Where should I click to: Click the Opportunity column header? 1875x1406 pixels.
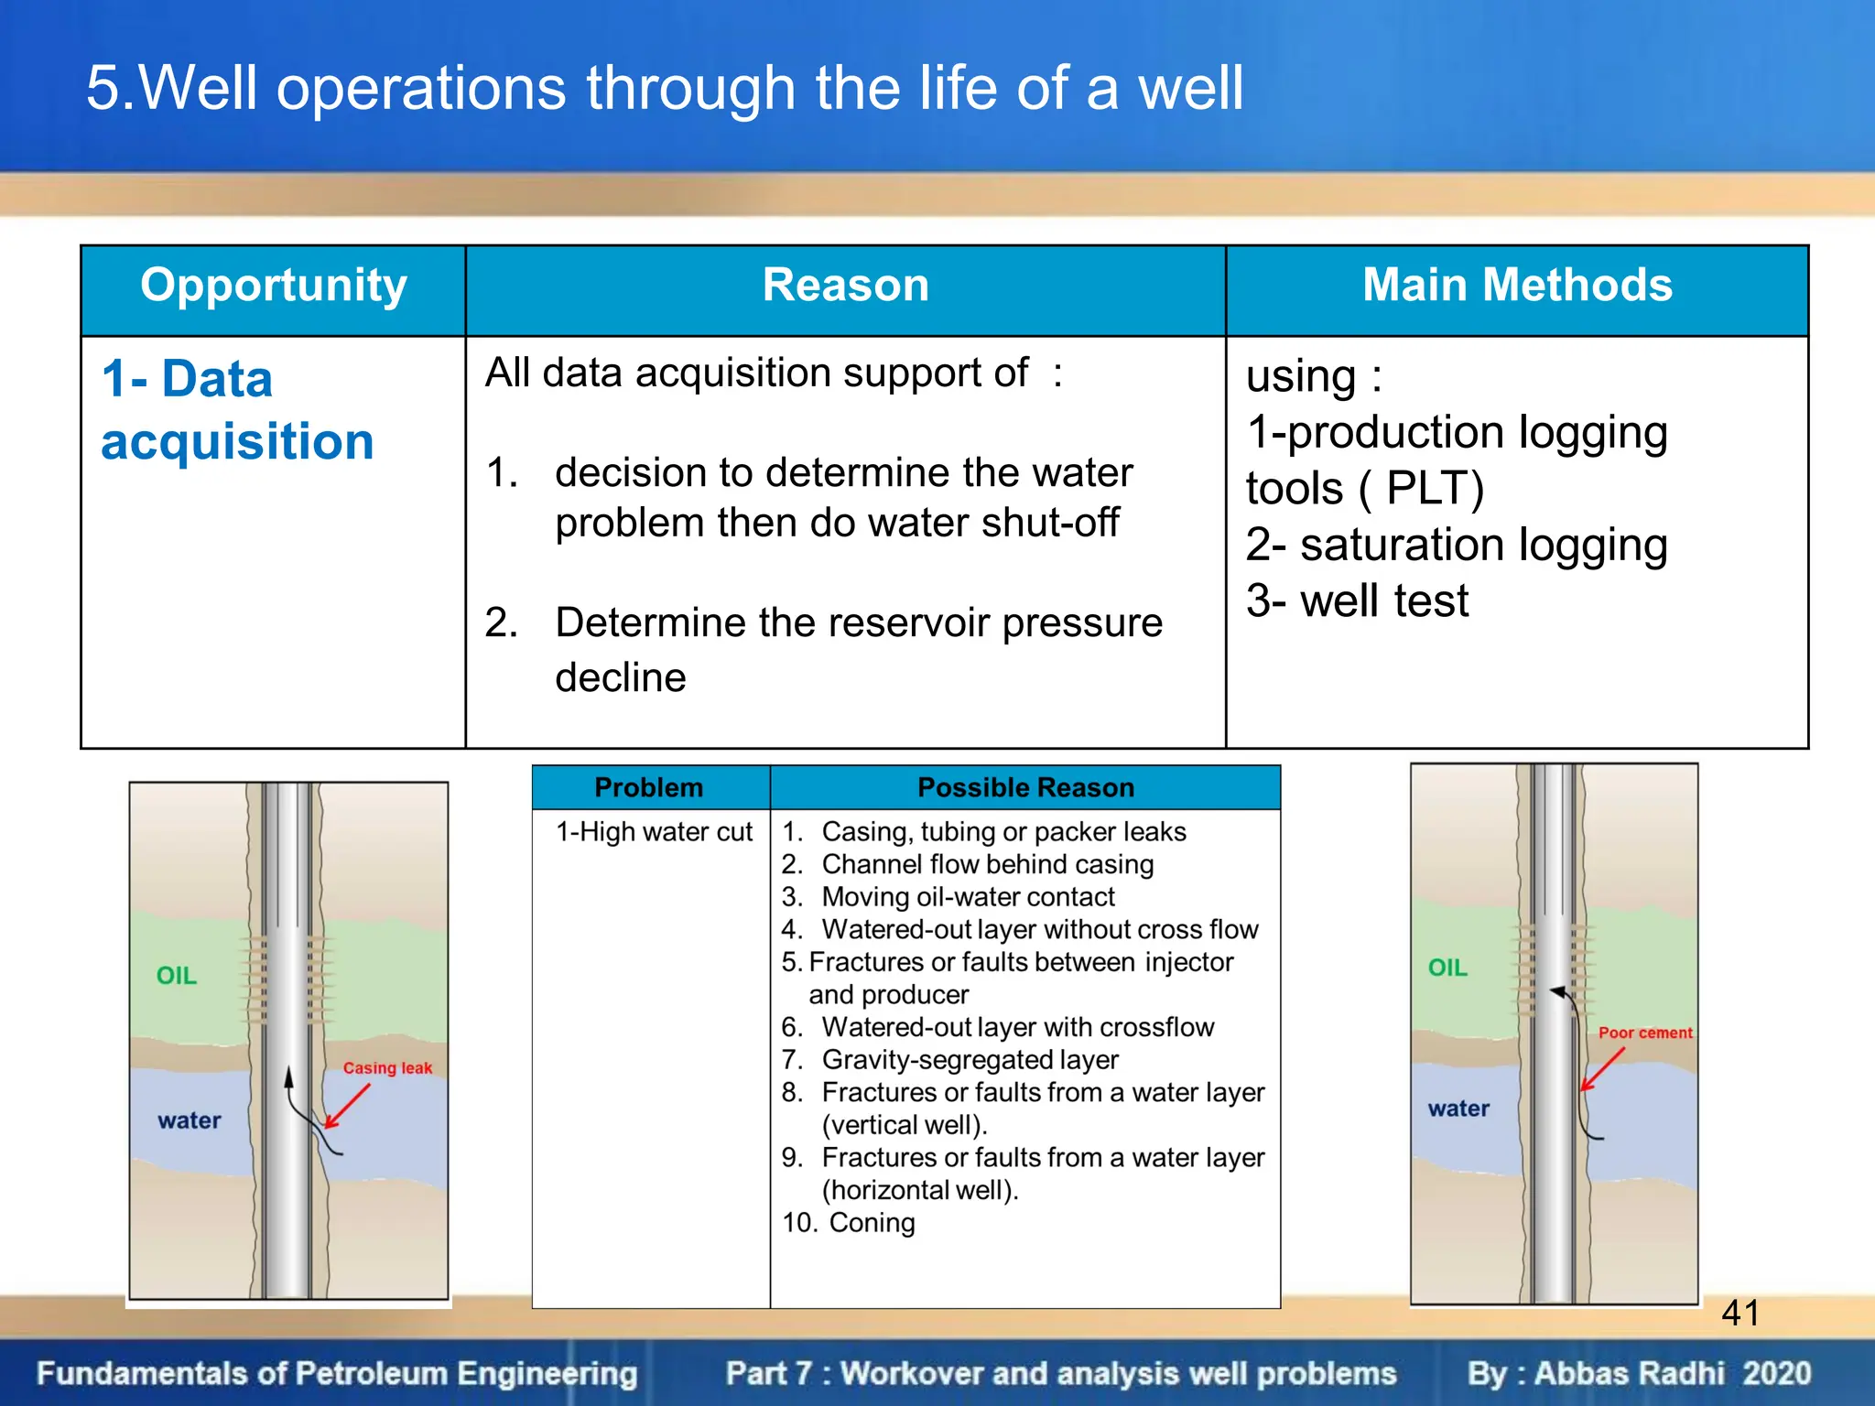tap(273, 286)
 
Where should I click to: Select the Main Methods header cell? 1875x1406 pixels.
tap(1516, 286)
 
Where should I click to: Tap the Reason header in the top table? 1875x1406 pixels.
tap(845, 286)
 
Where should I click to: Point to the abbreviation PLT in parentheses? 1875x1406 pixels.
tap(1434, 488)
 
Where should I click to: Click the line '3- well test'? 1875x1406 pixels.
tap(1357, 601)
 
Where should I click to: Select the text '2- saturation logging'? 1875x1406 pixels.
tap(1456, 545)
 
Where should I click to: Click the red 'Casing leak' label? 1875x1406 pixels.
tap(387, 1068)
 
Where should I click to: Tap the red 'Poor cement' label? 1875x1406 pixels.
tap(1644, 1033)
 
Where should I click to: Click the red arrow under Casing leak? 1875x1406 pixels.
tap(348, 1106)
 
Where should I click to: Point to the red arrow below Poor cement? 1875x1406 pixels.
tap(1602, 1069)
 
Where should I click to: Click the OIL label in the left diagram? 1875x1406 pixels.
tap(177, 976)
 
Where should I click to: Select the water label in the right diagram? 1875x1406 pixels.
tap(1458, 1109)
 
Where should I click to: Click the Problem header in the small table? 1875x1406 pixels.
tap(648, 787)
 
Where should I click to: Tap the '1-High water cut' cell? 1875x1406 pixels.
tap(654, 831)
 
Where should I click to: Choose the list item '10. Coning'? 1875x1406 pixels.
tap(849, 1223)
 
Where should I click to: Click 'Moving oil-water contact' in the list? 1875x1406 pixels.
tap(968, 897)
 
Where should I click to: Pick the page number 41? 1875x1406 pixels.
tap(1740, 1314)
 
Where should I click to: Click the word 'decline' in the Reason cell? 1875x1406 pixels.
tap(620, 678)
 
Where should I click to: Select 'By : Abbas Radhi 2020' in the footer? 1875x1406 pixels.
tap(1638, 1374)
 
